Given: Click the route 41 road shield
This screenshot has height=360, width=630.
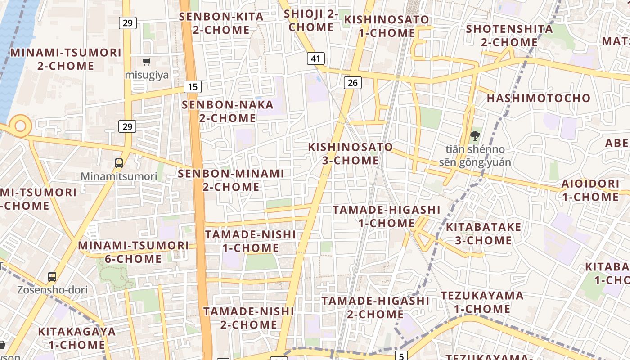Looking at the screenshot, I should pyautogui.click(x=316, y=58).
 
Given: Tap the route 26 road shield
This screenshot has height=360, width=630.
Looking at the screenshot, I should pyautogui.click(x=353, y=82).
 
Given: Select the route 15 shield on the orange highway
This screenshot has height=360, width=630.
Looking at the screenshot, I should pyautogui.click(x=192, y=87).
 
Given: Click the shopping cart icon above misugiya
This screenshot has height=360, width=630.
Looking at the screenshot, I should pyautogui.click(x=146, y=62).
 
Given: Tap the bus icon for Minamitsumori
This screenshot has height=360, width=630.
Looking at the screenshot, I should pyautogui.click(x=119, y=163).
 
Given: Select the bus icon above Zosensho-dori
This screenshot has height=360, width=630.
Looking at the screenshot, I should pyautogui.click(x=52, y=277).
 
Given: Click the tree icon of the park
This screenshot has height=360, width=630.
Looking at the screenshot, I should pyautogui.click(x=475, y=135).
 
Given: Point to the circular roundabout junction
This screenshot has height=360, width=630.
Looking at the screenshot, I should pyautogui.click(x=20, y=126).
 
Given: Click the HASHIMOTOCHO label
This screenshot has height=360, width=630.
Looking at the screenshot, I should pyautogui.click(x=538, y=98).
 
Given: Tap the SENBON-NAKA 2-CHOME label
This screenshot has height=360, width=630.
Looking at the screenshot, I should pyautogui.click(x=228, y=112).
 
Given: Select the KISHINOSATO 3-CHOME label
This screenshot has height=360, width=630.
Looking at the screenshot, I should pyautogui.click(x=351, y=153).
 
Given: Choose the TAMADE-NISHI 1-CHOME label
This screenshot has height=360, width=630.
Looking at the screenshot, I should pyautogui.click(x=251, y=241).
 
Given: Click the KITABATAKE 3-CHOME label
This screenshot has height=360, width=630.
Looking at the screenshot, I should pyautogui.click(x=483, y=234).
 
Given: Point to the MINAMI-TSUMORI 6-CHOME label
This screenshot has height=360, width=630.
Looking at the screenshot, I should pyautogui.click(x=134, y=252).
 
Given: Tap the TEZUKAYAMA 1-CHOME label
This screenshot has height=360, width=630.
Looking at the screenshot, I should pyautogui.click(x=482, y=302).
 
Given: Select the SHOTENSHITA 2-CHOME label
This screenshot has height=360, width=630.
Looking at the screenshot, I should pyautogui.click(x=509, y=36).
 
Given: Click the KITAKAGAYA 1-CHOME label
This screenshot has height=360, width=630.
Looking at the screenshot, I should pyautogui.click(x=77, y=338).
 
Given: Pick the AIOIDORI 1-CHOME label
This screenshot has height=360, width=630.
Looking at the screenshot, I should pyautogui.click(x=590, y=190).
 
